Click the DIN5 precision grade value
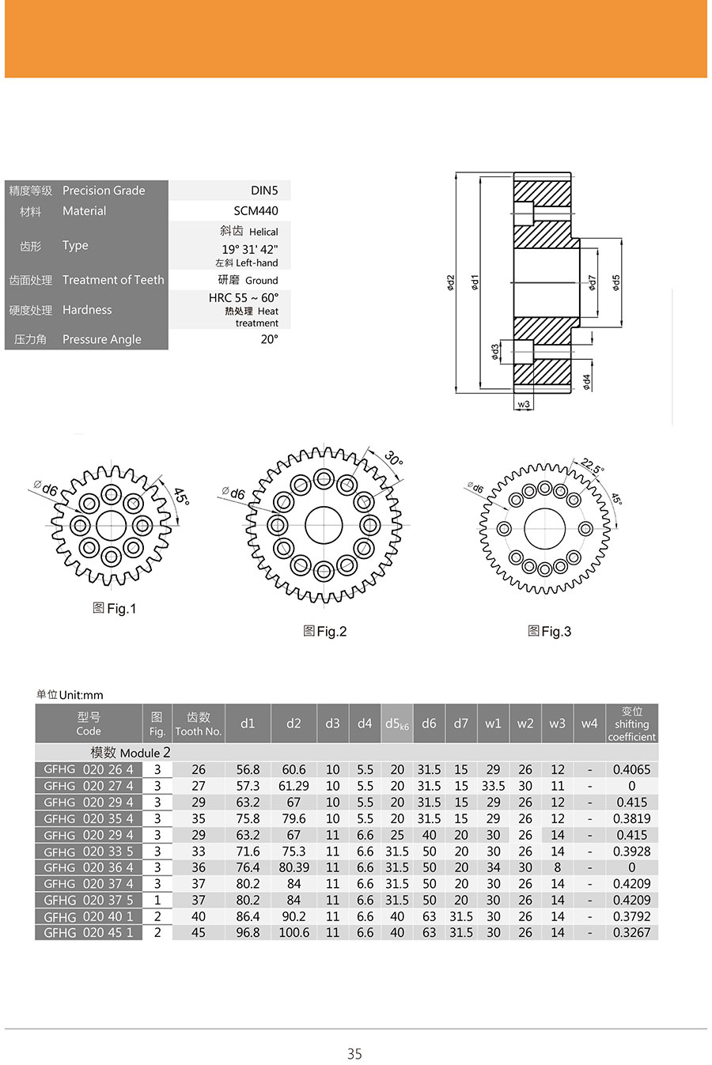264,191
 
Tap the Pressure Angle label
101,339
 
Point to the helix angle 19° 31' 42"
249,248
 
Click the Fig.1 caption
115,609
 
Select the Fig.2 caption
325,631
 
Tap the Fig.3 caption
549,631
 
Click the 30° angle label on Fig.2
393,459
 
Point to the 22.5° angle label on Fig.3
592,466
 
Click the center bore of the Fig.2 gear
324,524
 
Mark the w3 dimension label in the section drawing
523,404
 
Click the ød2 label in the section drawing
450,282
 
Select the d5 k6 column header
396,723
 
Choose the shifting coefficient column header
631,723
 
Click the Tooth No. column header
198,723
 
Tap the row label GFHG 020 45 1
89,933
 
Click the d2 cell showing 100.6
294,933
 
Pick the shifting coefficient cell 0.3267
631,933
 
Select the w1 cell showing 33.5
493,786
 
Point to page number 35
354,1053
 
